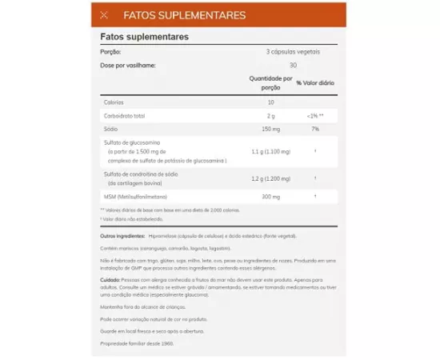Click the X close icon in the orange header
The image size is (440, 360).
[105, 15]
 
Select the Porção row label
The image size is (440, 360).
[110, 51]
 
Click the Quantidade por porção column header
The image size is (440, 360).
[270, 82]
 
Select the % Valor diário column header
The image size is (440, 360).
[315, 82]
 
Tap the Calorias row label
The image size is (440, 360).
[113, 102]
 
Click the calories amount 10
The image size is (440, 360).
[270, 102]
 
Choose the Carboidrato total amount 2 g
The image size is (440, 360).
[270, 115]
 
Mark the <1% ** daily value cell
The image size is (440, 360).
[315, 115]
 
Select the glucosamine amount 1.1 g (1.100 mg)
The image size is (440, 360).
[270, 151]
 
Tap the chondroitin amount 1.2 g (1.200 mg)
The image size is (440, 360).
[270, 178]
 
